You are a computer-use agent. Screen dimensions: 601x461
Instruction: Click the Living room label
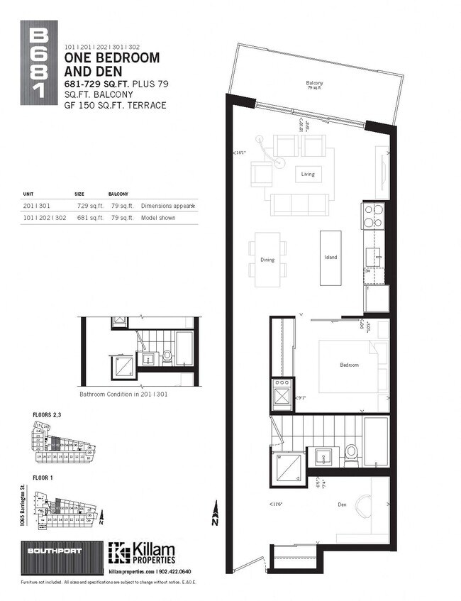tap(308, 174)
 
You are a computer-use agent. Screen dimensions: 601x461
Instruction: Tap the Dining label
tap(267, 260)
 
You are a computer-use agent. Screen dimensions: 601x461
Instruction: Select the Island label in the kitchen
tap(330, 257)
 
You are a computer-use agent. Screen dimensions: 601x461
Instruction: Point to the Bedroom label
tap(349, 365)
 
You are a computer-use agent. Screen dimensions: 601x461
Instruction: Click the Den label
tap(341, 505)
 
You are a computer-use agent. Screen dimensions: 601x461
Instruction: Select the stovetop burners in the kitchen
tap(373, 214)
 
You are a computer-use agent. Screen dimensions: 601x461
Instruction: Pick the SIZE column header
tap(79, 193)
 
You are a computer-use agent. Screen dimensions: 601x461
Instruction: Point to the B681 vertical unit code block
tap(40, 65)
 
